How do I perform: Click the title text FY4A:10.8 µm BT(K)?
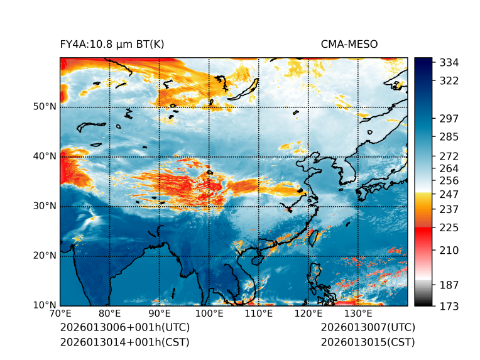[112, 44]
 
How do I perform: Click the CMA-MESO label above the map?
[349, 44]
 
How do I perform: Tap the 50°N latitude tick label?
[45, 107]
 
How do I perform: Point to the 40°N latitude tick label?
[45, 156]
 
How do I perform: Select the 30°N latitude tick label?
[45, 206]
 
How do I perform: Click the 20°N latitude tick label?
[45, 256]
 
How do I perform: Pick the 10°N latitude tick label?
[45, 305]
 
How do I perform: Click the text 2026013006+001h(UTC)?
[124, 328]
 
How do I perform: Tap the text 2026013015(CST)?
[368, 342]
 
